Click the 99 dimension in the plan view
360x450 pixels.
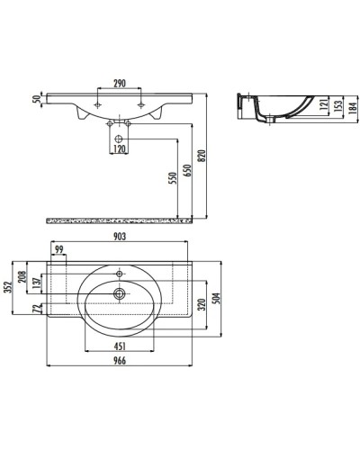click(x=59, y=249)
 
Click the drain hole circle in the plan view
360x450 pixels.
click(x=119, y=292)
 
